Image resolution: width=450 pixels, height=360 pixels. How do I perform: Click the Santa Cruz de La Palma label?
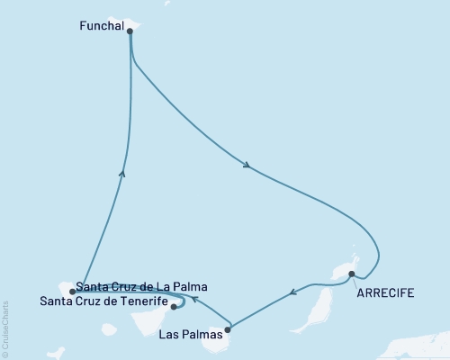(x=142, y=286)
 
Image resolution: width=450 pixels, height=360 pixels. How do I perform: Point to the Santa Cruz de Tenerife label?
(x=103, y=301)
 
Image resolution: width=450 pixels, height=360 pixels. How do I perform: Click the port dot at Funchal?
(x=130, y=31)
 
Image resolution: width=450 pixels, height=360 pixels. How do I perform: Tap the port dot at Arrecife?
(x=352, y=274)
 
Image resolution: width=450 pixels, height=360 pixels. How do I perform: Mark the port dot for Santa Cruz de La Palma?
(x=72, y=292)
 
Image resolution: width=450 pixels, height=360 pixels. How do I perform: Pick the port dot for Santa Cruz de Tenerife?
(x=174, y=307)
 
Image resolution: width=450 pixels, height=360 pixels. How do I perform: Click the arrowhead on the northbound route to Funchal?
(x=122, y=173)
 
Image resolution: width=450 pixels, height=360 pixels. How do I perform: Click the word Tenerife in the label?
(x=140, y=301)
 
